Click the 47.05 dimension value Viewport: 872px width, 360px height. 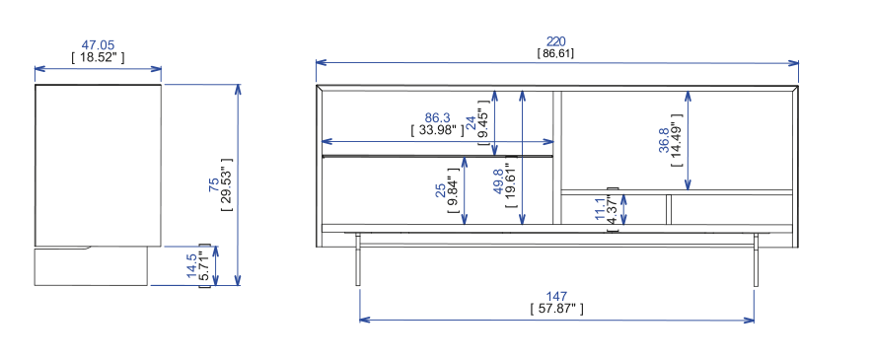point(98,45)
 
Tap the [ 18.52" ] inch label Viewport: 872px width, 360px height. point(98,57)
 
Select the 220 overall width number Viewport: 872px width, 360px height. point(555,41)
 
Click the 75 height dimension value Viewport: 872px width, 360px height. point(214,184)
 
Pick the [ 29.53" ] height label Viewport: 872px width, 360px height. point(226,184)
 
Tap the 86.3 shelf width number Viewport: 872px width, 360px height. point(438,118)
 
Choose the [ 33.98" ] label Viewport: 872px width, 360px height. point(438,130)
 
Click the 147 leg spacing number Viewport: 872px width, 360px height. point(556,297)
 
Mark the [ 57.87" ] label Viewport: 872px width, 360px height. point(556,309)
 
